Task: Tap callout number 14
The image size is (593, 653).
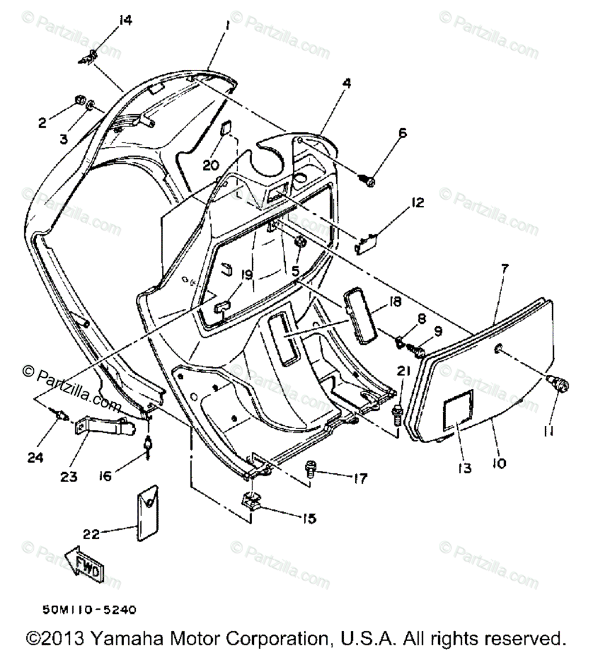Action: pyautogui.click(x=125, y=20)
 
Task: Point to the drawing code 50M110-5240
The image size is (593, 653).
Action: pyautogui.click(x=90, y=609)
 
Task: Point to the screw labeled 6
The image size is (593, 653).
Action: pyautogui.click(x=367, y=177)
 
